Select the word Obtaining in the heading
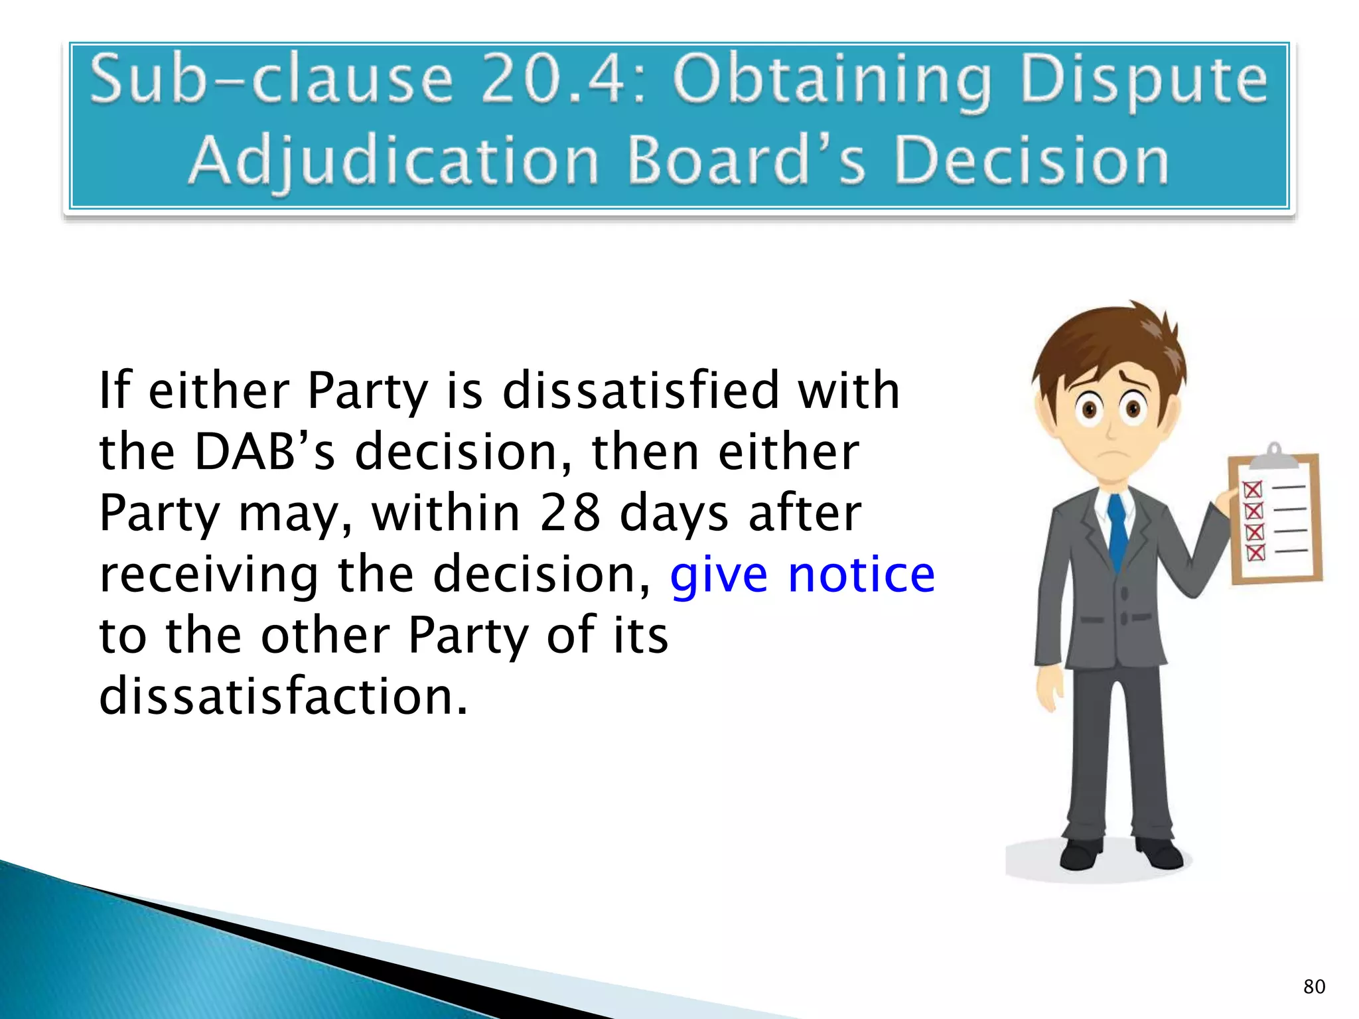pyautogui.click(x=833, y=83)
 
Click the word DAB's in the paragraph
pyautogui.click(x=265, y=452)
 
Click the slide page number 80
pyautogui.click(x=1314, y=986)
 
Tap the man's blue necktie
pyautogui.click(x=1117, y=531)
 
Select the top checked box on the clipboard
pyautogui.click(x=1252, y=490)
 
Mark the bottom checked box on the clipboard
pyautogui.click(x=1255, y=552)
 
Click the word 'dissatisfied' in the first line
pyautogui.click(x=640, y=391)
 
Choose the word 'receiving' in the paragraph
pyautogui.click(x=209, y=576)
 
